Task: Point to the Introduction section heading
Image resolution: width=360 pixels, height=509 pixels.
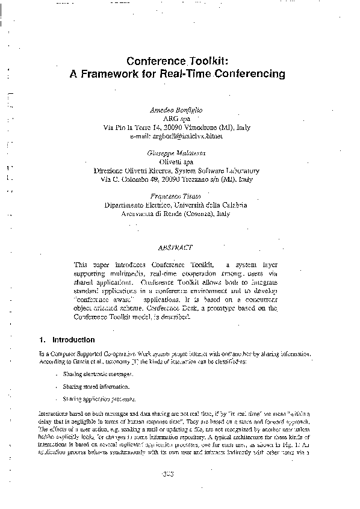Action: click(73, 340)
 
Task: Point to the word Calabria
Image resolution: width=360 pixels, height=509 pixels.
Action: click(232, 205)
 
